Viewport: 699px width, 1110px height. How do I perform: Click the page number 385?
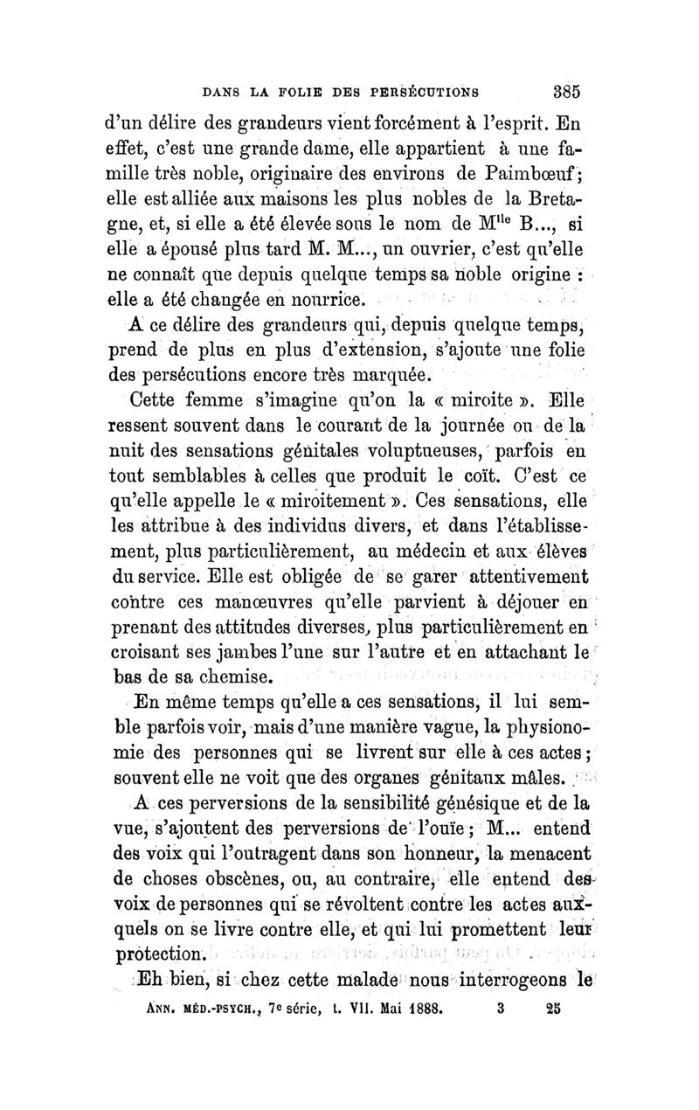[x=566, y=87]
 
